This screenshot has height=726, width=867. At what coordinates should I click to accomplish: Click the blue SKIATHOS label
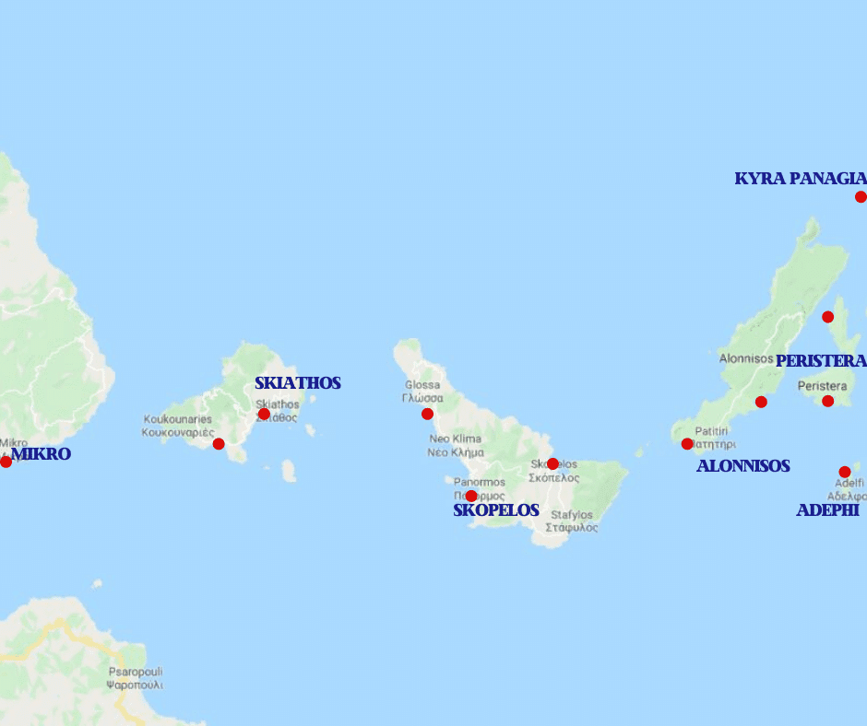pos(298,383)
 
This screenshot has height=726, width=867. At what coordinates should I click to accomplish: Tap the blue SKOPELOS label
pos(495,510)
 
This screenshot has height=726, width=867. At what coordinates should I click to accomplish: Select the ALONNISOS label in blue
pos(742,466)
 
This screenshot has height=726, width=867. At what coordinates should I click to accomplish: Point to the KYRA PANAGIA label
pos(800,179)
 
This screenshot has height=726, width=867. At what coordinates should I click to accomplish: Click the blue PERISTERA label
pos(820,361)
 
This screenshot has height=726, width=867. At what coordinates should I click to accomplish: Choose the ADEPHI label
pos(827,510)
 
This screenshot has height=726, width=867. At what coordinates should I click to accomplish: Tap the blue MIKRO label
pos(41,454)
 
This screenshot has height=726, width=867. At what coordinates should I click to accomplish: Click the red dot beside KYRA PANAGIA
pos(861,196)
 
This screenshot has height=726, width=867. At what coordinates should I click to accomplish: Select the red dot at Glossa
pos(427,414)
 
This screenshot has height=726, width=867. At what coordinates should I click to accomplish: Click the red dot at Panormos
pos(471,496)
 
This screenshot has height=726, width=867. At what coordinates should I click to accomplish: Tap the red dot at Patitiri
pos(687,444)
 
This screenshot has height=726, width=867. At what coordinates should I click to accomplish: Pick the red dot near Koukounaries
pos(219,444)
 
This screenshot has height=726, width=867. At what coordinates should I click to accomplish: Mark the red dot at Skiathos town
pos(264,414)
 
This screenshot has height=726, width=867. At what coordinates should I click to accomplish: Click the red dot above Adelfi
pos(844,472)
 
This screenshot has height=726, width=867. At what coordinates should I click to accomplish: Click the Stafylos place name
pos(571,521)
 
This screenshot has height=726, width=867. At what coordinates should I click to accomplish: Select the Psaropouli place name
pos(135,678)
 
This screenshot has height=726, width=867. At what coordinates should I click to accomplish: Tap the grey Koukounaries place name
pos(178,426)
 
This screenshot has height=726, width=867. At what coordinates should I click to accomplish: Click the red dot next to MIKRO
pos(6,462)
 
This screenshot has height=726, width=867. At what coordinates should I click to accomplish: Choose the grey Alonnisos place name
pos(745,358)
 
